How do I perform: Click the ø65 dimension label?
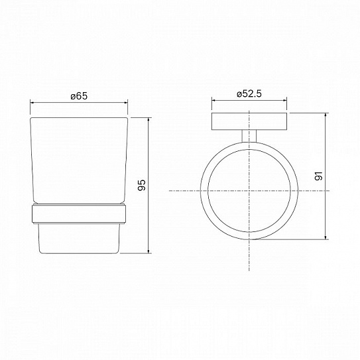coord(80,95)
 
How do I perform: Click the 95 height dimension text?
coord(141,186)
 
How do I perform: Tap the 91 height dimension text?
coord(318,176)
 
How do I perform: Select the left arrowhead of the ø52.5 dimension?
coord(213,102)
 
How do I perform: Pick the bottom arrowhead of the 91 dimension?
coord(327,239)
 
